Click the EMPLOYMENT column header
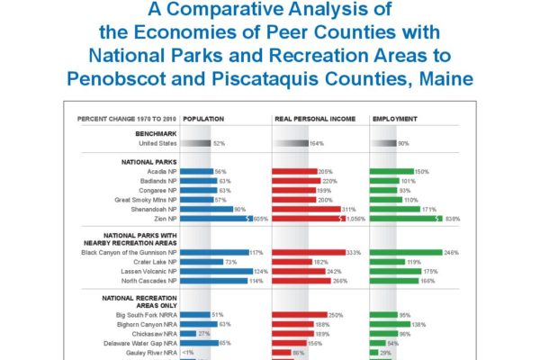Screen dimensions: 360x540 pos(395,118)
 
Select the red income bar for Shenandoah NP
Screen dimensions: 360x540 pos(305,208)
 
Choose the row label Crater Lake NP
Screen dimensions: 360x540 pos(158,262)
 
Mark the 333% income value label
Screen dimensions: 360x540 pos(354,253)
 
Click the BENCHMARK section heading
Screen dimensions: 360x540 pos(157,133)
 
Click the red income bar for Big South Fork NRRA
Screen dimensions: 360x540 pos(301,315)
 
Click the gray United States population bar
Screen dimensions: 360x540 pos(201,143)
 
